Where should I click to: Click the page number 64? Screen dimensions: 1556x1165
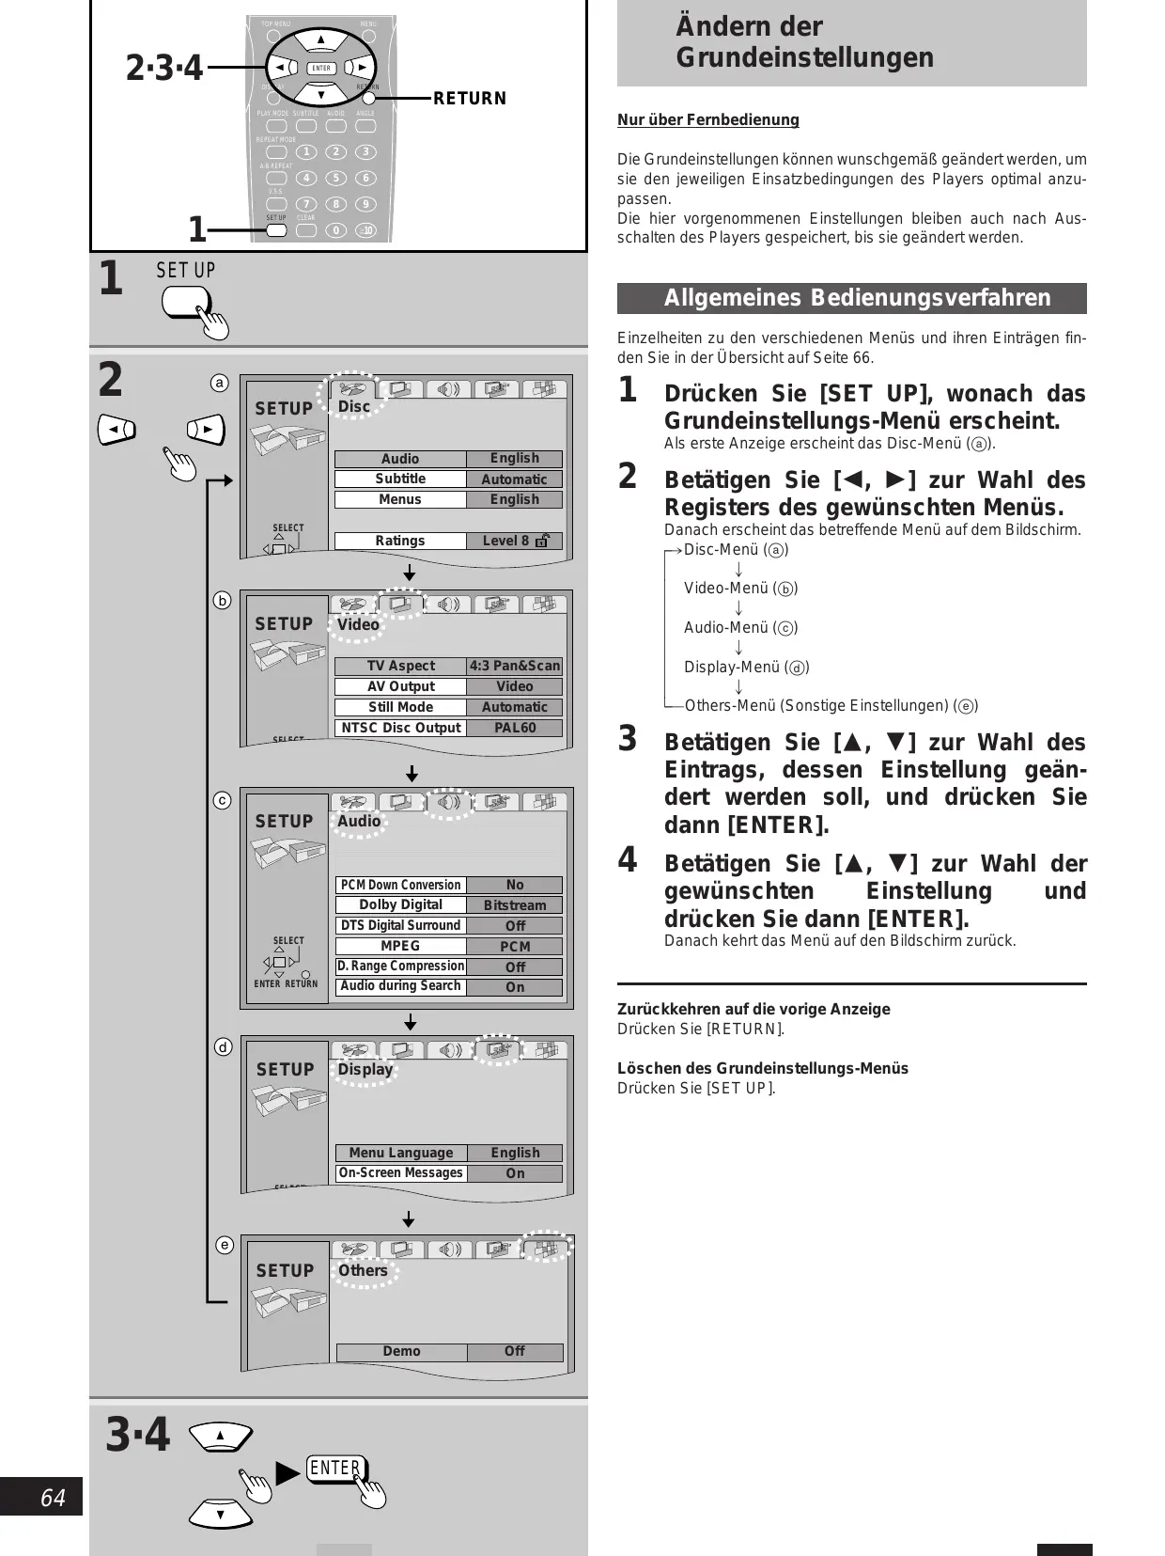click(x=53, y=1497)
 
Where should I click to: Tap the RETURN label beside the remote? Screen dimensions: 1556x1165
click(x=469, y=99)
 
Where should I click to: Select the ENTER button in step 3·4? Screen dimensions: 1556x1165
click(x=335, y=1469)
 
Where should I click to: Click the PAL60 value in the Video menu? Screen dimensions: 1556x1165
click(x=515, y=728)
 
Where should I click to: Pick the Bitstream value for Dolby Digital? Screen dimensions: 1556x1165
click(x=515, y=905)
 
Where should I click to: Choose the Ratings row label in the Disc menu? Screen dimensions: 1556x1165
click(x=400, y=541)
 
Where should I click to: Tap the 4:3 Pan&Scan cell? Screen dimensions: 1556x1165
click(x=515, y=666)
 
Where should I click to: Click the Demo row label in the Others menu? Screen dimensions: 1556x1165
click(x=401, y=1351)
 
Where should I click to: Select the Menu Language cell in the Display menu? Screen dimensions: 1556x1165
click(x=401, y=1153)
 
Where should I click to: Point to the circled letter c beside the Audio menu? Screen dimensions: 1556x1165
click(x=222, y=800)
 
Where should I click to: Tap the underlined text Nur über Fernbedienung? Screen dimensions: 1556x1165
click(x=708, y=119)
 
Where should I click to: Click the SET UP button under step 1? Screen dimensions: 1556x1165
click(x=185, y=302)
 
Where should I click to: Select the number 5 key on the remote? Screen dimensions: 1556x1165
click(x=335, y=178)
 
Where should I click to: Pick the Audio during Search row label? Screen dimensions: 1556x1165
click(x=401, y=986)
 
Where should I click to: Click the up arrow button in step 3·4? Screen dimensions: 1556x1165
click(x=221, y=1436)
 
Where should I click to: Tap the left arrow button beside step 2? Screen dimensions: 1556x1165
click(x=116, y=430)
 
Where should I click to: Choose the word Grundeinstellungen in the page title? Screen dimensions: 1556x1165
click(x=804, y=57)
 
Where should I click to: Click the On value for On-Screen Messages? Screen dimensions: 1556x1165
click(x=515, y=1173)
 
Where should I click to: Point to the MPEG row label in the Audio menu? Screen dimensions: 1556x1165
click(x=401, y=946)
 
